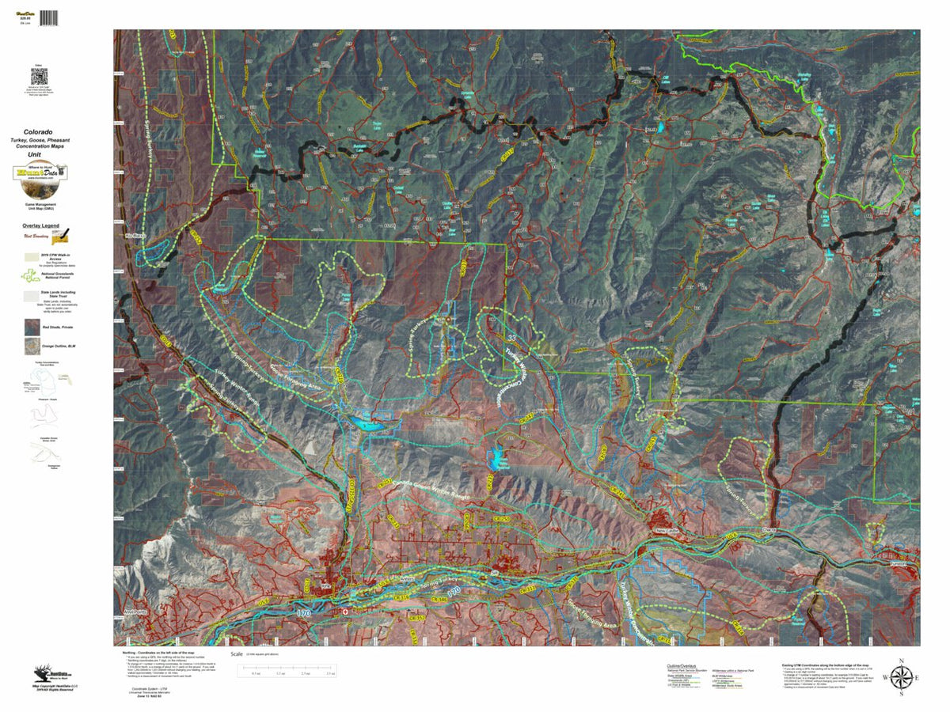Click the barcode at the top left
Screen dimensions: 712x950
pyautogui.click(x=48, y=17)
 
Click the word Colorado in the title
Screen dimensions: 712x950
pyautogui.click(x=38, y=131)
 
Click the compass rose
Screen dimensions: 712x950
pyautogui.click(x=900, y=677)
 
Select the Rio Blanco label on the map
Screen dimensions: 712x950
pyautogui.click(x=135, y=235)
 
